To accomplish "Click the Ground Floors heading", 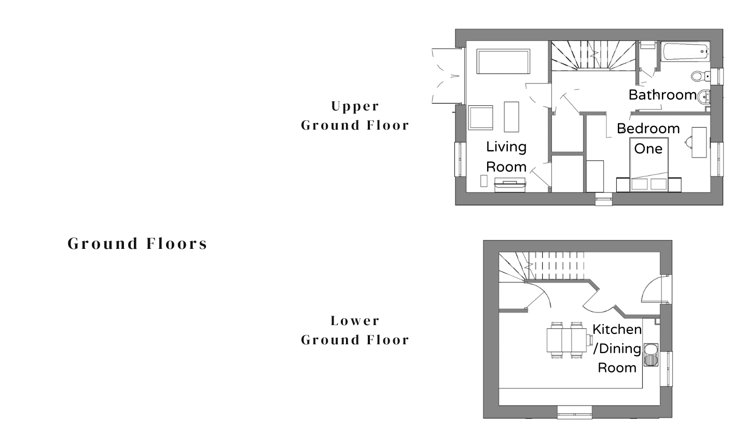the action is [137, 244].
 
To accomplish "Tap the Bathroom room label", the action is [662, 95].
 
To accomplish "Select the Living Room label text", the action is [506, 157].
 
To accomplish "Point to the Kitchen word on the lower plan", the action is [617, 329].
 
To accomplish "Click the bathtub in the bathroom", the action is [685, 51].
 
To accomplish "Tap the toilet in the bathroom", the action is [701, 76].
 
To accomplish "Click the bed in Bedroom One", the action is [649, 165].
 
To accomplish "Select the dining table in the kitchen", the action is [567, 340].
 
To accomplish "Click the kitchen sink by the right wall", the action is [651, 355].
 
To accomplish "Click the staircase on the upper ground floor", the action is [593, 55].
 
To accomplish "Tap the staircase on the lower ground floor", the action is [541, 267].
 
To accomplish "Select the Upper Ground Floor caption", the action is [355, 116].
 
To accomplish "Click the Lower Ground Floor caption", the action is [355, 330].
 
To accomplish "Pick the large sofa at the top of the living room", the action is [503, 61].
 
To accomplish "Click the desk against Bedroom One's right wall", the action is [699, 142].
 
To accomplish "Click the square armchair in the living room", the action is [480, 117].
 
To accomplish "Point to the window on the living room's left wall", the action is [458, 159].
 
